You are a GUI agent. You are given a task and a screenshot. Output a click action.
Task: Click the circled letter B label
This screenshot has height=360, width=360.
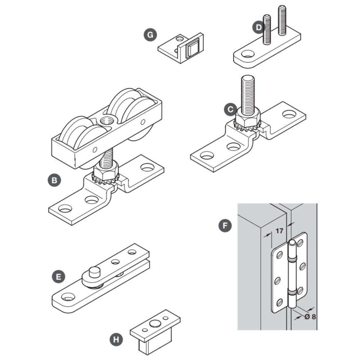pos(54,180)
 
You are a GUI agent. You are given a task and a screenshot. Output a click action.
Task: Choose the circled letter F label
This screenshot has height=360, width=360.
pos(225,226)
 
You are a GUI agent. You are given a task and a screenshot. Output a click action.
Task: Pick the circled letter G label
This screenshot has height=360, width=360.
pos(150,35)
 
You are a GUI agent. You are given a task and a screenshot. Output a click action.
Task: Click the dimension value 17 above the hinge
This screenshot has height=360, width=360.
pos(279,231)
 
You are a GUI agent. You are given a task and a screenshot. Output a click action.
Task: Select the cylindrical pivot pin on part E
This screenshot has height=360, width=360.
pos(95,272)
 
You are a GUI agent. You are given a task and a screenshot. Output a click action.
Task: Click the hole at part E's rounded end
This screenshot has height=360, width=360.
pos(68,297)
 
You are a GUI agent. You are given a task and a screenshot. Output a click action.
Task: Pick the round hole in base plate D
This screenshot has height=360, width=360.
pos(247,54)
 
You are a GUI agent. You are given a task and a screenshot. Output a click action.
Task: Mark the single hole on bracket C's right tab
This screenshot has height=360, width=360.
pos(289,114)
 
